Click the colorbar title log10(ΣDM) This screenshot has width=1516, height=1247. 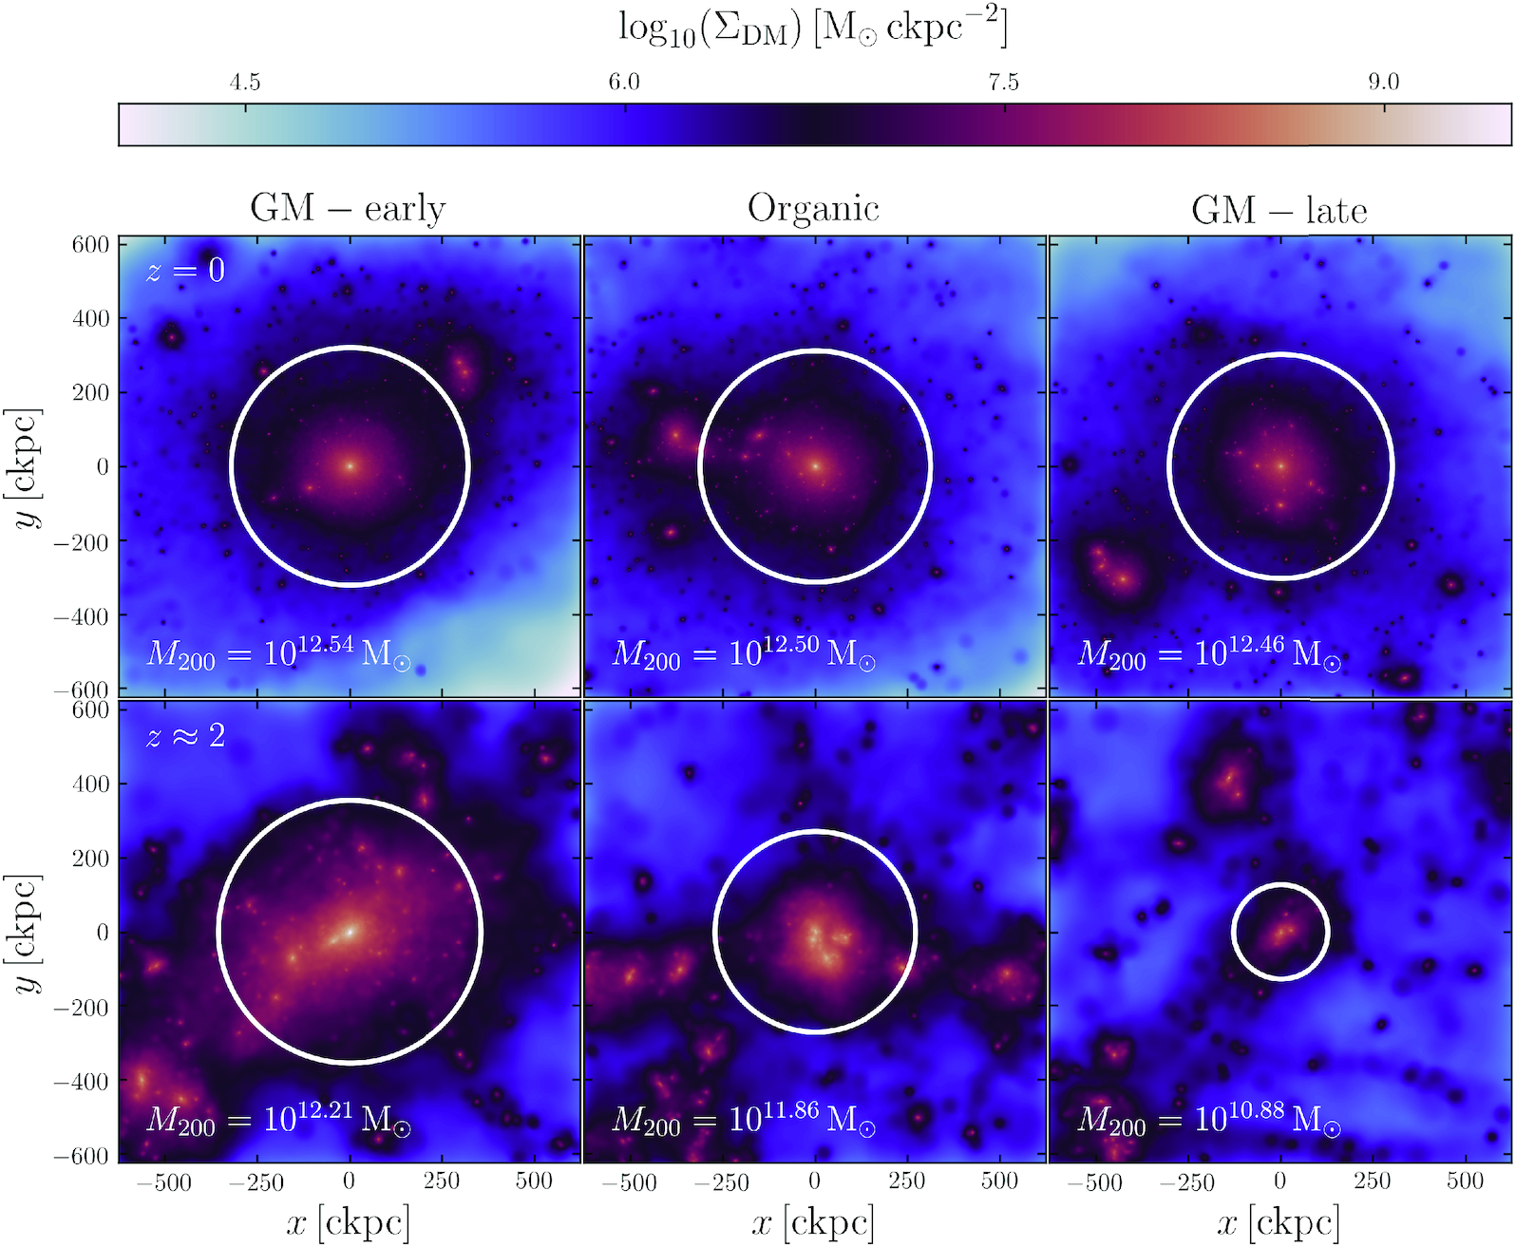point(813,28)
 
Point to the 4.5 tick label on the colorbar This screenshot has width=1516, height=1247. point(245,83)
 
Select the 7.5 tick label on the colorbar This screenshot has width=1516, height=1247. point(1003,83)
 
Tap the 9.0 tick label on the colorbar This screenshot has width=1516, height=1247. point(1383,83)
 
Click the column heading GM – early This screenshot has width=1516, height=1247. point(348,208)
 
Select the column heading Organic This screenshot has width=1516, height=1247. point(813,208)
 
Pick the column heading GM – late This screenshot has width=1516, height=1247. point(1279,210)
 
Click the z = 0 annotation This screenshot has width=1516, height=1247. point(186,271)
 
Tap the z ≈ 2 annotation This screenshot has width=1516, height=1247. point(186,735)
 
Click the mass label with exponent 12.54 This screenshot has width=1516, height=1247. point(278,653)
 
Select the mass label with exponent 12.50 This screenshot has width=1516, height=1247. point(744,653)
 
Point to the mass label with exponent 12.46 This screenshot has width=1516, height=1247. point(1209,653)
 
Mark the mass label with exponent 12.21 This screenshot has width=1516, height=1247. point(278,1119)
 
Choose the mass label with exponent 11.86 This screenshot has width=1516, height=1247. point(744,1119)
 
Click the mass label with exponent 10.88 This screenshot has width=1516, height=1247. point(1209,1119)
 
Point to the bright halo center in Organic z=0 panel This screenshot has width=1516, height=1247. point(815,466)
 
